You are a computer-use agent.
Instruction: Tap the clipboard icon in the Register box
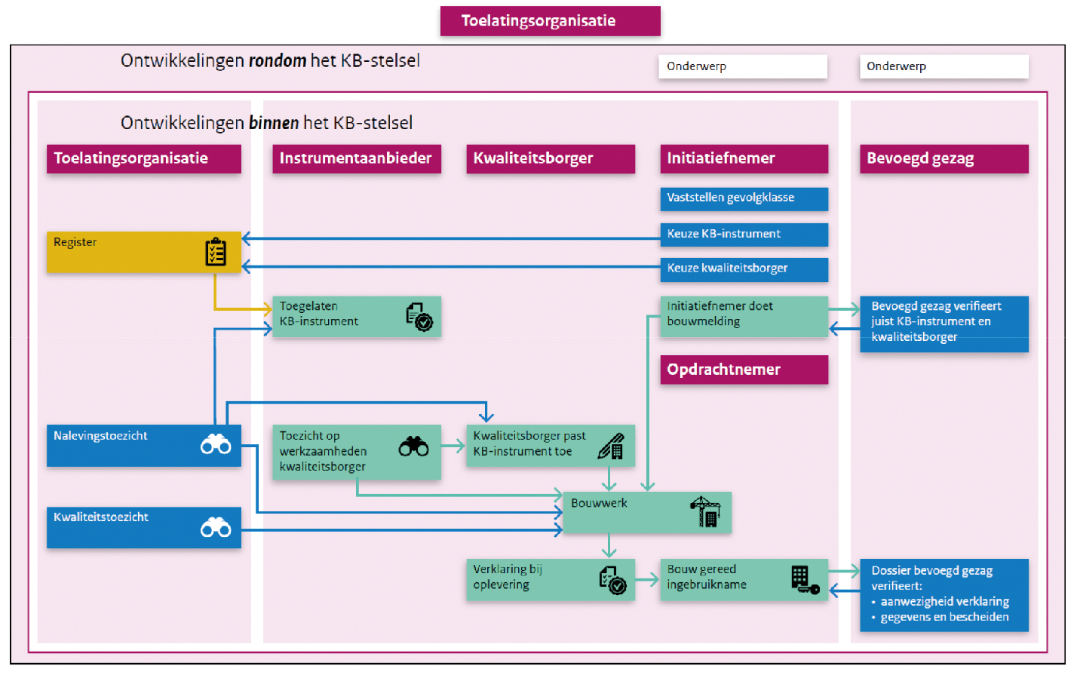click(216, 252)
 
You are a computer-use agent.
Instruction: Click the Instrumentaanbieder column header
click(356, 158)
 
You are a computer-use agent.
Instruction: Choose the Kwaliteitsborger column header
click(550, 158)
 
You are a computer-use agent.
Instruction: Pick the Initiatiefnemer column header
click(744, 158)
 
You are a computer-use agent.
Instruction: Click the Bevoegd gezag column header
click(944, 158)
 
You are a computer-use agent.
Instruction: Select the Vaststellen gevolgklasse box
click(744, 198)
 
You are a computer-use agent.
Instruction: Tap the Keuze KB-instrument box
click(744, 234)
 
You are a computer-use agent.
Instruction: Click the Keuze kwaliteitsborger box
click(744, 268)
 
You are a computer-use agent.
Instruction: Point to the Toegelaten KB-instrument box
click(356, 315)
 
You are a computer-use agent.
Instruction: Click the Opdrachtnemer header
click(744, 370)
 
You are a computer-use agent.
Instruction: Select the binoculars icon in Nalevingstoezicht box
click(216, 445)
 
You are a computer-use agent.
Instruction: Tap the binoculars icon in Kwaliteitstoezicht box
click(216, 527)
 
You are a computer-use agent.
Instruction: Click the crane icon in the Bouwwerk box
click(705, 512)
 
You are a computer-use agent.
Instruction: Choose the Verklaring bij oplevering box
click(550, 579)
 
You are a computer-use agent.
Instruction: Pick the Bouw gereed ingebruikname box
click(744, 579)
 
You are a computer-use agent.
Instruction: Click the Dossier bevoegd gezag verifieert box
click(944, 594)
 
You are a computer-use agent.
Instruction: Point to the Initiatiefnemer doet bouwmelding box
click(744, 315)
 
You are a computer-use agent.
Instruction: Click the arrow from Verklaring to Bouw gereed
click(647, 580)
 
